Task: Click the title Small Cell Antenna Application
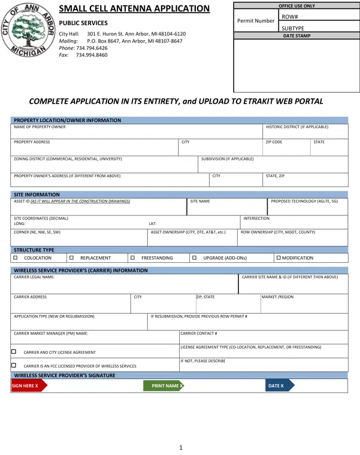[x=134, y=9]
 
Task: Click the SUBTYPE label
[x=293, y=28]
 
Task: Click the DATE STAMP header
[x=296, y=36]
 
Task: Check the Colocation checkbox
[x=16, y=257]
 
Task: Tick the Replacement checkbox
[x=71, y=257]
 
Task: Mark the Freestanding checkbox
[x=132, y=257]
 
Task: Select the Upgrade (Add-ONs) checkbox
[x=194, y=257]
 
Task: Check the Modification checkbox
[x=278, y=257]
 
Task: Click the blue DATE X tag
[x=276, y=386]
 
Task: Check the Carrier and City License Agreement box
[x=14, y=351]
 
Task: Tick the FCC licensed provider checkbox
[x=14, y=364]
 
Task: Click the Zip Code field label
[x=274, y=142]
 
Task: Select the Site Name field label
[x=200, y=202]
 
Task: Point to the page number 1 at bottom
[x=180, y=447]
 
